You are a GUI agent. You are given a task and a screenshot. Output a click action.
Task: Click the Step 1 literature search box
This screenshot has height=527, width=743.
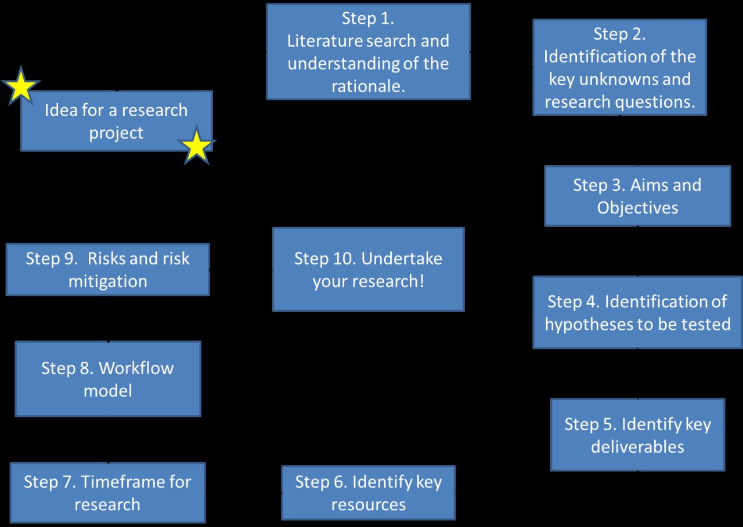pos(368,52)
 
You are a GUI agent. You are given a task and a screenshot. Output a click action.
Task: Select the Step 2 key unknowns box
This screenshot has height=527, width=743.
pos(619,67)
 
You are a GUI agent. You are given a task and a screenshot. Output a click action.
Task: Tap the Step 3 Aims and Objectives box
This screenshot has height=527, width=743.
pos(637,196)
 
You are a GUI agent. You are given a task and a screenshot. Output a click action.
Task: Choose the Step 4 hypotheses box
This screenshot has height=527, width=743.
pos(637,312)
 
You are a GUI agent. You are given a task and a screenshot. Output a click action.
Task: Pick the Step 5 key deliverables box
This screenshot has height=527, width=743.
pos(637,435)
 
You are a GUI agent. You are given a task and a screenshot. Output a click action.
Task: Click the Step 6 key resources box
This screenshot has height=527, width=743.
pos(368,493)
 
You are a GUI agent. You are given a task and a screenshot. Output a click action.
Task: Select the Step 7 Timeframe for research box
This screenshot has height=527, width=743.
pos(107,492)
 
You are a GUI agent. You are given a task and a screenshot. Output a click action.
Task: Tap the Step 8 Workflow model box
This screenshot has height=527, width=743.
pos(107,379)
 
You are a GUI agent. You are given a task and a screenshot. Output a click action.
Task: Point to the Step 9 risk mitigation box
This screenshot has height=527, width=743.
pos(107,270)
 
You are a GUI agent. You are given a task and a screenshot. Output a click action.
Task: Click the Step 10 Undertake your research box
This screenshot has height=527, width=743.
pos(368,269)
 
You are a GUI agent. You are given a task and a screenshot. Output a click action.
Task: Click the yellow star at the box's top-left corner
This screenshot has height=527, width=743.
pos(21,86)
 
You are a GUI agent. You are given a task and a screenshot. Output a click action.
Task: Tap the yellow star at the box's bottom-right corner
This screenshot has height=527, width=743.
pos(197,146)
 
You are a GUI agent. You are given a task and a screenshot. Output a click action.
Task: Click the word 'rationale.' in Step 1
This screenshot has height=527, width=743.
pos(368,86)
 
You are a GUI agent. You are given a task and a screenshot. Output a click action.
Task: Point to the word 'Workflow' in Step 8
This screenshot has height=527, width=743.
pos(136,368)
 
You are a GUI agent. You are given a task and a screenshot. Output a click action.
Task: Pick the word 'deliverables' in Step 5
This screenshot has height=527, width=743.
pos(637,447)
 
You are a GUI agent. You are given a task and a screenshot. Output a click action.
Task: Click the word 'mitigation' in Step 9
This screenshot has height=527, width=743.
pos(107,282)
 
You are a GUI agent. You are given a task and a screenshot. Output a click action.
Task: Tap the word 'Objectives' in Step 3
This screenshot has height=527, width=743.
pos(637,208)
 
